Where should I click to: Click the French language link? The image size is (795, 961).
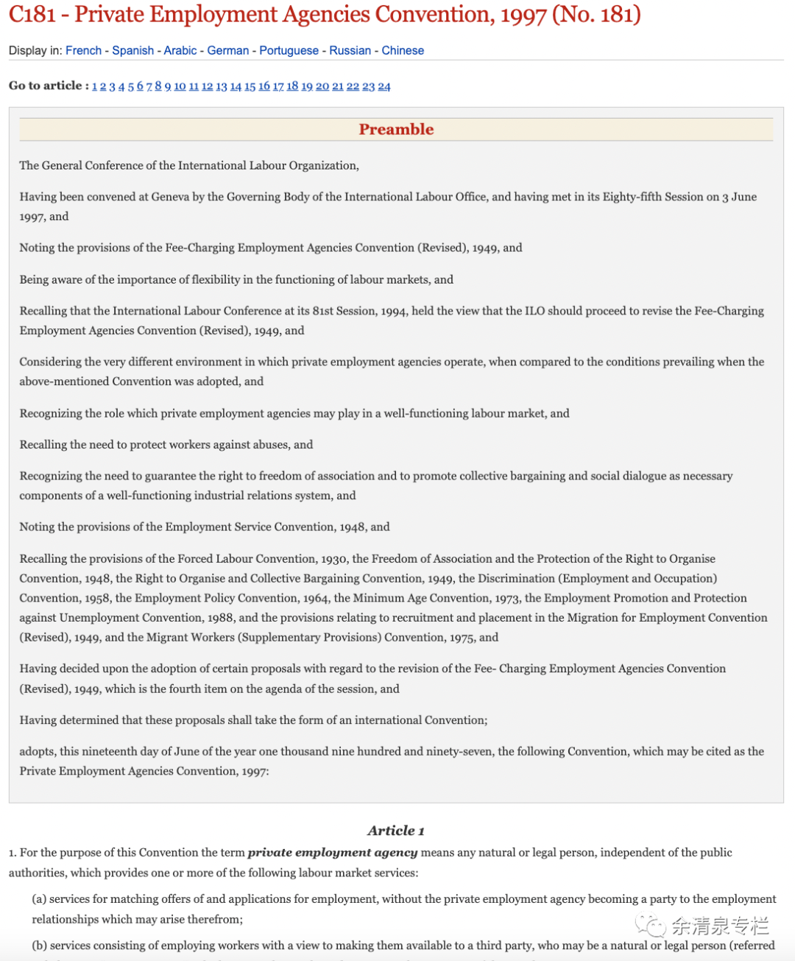coord(83,50)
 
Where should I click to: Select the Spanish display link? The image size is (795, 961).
coord(132,50)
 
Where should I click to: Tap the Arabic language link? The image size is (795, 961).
coord(180,50)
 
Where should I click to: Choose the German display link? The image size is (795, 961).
coord(227,50)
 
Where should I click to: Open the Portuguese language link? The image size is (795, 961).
coord(289,50)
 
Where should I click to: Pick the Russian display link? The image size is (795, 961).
coord(350,50)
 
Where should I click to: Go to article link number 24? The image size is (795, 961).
coord(384,86)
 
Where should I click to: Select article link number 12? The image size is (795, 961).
coord(207,86)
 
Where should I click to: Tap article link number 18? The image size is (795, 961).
coord(292,86)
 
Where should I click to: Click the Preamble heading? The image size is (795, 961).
coord(396,130)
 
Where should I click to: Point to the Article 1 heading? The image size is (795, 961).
coord(396,831)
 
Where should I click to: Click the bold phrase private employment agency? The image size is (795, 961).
coord(333,853)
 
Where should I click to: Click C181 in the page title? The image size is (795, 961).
coord(32,15)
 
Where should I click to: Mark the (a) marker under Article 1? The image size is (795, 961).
coord(39,899)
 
